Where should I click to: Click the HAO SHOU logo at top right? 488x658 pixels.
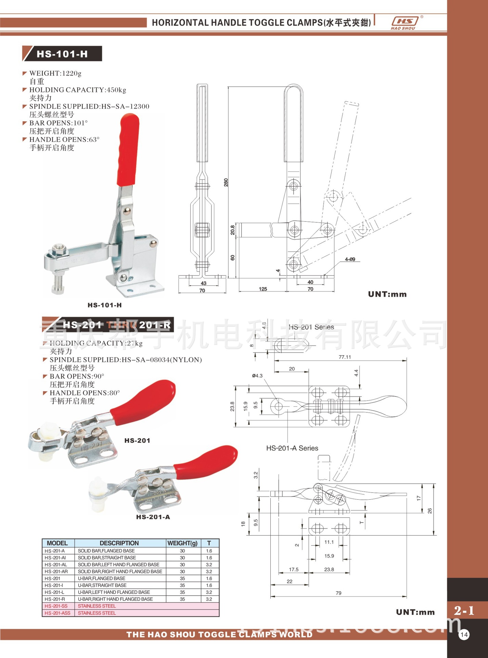(405, 23)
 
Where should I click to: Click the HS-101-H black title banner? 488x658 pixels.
(62, 54)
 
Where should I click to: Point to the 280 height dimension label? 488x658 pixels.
(226, 182)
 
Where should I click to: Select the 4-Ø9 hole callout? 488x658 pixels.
(350, 259)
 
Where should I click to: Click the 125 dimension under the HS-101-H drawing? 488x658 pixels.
(263, 289)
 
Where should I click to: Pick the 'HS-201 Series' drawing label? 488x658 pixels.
(311, 327)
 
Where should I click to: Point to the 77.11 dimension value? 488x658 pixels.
(345, 357)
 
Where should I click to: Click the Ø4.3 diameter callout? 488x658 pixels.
(257, 376)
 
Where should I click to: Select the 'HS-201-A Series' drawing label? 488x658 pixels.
(292, 448)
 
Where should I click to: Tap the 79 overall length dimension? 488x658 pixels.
(338, 593)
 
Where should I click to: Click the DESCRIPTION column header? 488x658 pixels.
(119, 543)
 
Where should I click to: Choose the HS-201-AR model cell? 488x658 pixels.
(56, 572)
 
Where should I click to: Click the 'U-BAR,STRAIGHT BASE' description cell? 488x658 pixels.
(102, 585)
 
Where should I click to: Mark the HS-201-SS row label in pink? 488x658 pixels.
(56, 606)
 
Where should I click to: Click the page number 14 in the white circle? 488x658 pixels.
(464, 634)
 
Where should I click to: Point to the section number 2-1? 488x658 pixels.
(464, 610)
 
